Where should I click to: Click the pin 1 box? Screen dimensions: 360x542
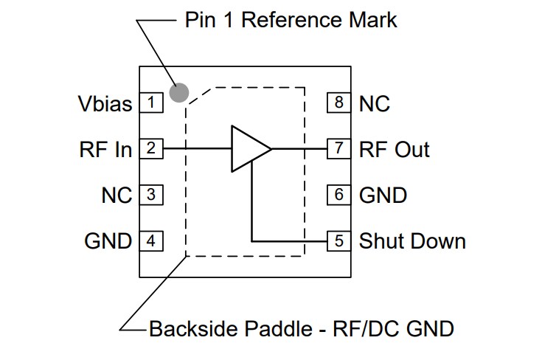tap(151, 103)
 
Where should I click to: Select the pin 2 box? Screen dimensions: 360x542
tap(151, 148)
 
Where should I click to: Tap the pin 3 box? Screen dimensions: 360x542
tap(151, 195)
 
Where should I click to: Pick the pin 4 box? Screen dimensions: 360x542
tap(151, 240)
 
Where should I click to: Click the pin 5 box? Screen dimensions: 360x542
tap(338, 240)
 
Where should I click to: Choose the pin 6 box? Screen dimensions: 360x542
tap(338, 195)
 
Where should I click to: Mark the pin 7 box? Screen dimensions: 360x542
tap(338, 148)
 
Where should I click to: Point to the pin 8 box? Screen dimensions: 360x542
tap(338, 103)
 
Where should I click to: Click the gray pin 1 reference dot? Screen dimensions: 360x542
tap(179, 92)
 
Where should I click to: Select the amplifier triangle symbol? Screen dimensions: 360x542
tap(248, 148)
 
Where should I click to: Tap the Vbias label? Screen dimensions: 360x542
tap(105, 103)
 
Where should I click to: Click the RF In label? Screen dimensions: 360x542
tap(105, 149)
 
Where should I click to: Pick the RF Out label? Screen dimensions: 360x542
tap(394, 149)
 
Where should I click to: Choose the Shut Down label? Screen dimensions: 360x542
tap(412, 241)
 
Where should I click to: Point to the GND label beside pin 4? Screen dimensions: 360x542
tap(108, 241)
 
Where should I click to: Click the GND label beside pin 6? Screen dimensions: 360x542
tap(383, 195)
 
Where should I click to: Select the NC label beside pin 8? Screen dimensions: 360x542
tap(375, 103)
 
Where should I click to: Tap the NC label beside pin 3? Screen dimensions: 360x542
tap(117, 195)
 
